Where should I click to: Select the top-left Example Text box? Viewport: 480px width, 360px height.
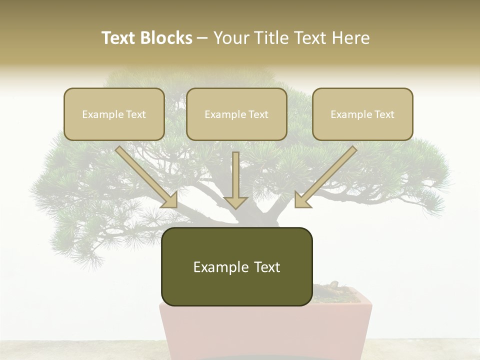[114, 114]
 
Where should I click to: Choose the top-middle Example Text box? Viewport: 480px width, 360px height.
[236, 114]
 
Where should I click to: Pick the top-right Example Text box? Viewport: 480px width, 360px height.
[362, 114]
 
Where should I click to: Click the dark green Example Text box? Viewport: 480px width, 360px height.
[236, 266]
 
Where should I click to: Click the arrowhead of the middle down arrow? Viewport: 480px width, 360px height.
[235, 202]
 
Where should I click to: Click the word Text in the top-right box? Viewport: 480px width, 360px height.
[384, 114]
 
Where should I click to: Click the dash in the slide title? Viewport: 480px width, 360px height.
[202, 38]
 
